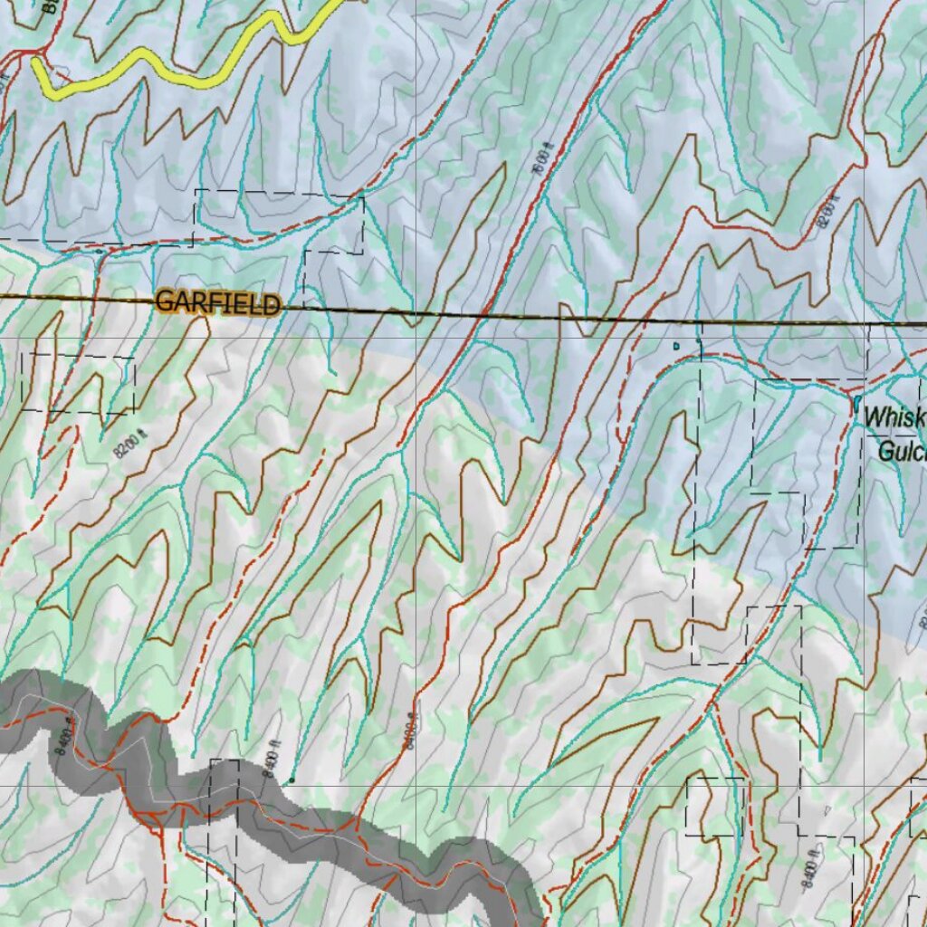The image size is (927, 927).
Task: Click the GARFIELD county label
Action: pyautogui.click(x=217, y=302)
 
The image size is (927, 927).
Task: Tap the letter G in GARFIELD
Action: pyautogui.click(x=164, y=301)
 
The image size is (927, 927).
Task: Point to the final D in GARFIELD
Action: pyautogui.click(x=271, y=305)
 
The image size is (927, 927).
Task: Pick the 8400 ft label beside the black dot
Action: pyautogui.click(x=269, y=759)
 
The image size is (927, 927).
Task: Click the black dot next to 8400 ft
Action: pyautogui.click(x=291, y=779)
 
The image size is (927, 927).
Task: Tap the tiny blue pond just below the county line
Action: pyautogui.click(x=675, y=346)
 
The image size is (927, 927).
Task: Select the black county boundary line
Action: pyautogui.click(x=543, y=318)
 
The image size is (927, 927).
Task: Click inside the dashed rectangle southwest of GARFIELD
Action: pyautogui.click(x=77, y=383)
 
